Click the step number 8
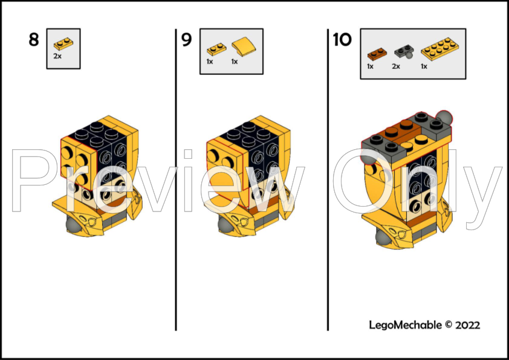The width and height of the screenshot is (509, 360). coord(33,40)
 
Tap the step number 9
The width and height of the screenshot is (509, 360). coord(186,40)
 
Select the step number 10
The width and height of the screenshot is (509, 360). coord(342,40)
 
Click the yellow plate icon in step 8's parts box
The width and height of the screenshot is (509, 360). coord(63,43)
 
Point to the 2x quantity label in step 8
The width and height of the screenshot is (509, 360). coord(57,56)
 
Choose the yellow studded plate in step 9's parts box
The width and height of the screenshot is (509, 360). coord(215,50)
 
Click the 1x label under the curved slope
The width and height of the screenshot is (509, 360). coord(235,62)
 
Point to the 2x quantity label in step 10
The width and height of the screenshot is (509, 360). coord(396,66)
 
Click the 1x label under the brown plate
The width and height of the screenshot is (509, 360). coord(371,66)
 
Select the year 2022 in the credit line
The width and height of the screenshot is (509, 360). coord(468,325)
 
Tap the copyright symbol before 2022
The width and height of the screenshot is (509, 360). coord(449,325)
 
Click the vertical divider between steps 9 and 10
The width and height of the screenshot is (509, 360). coord(328,181)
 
